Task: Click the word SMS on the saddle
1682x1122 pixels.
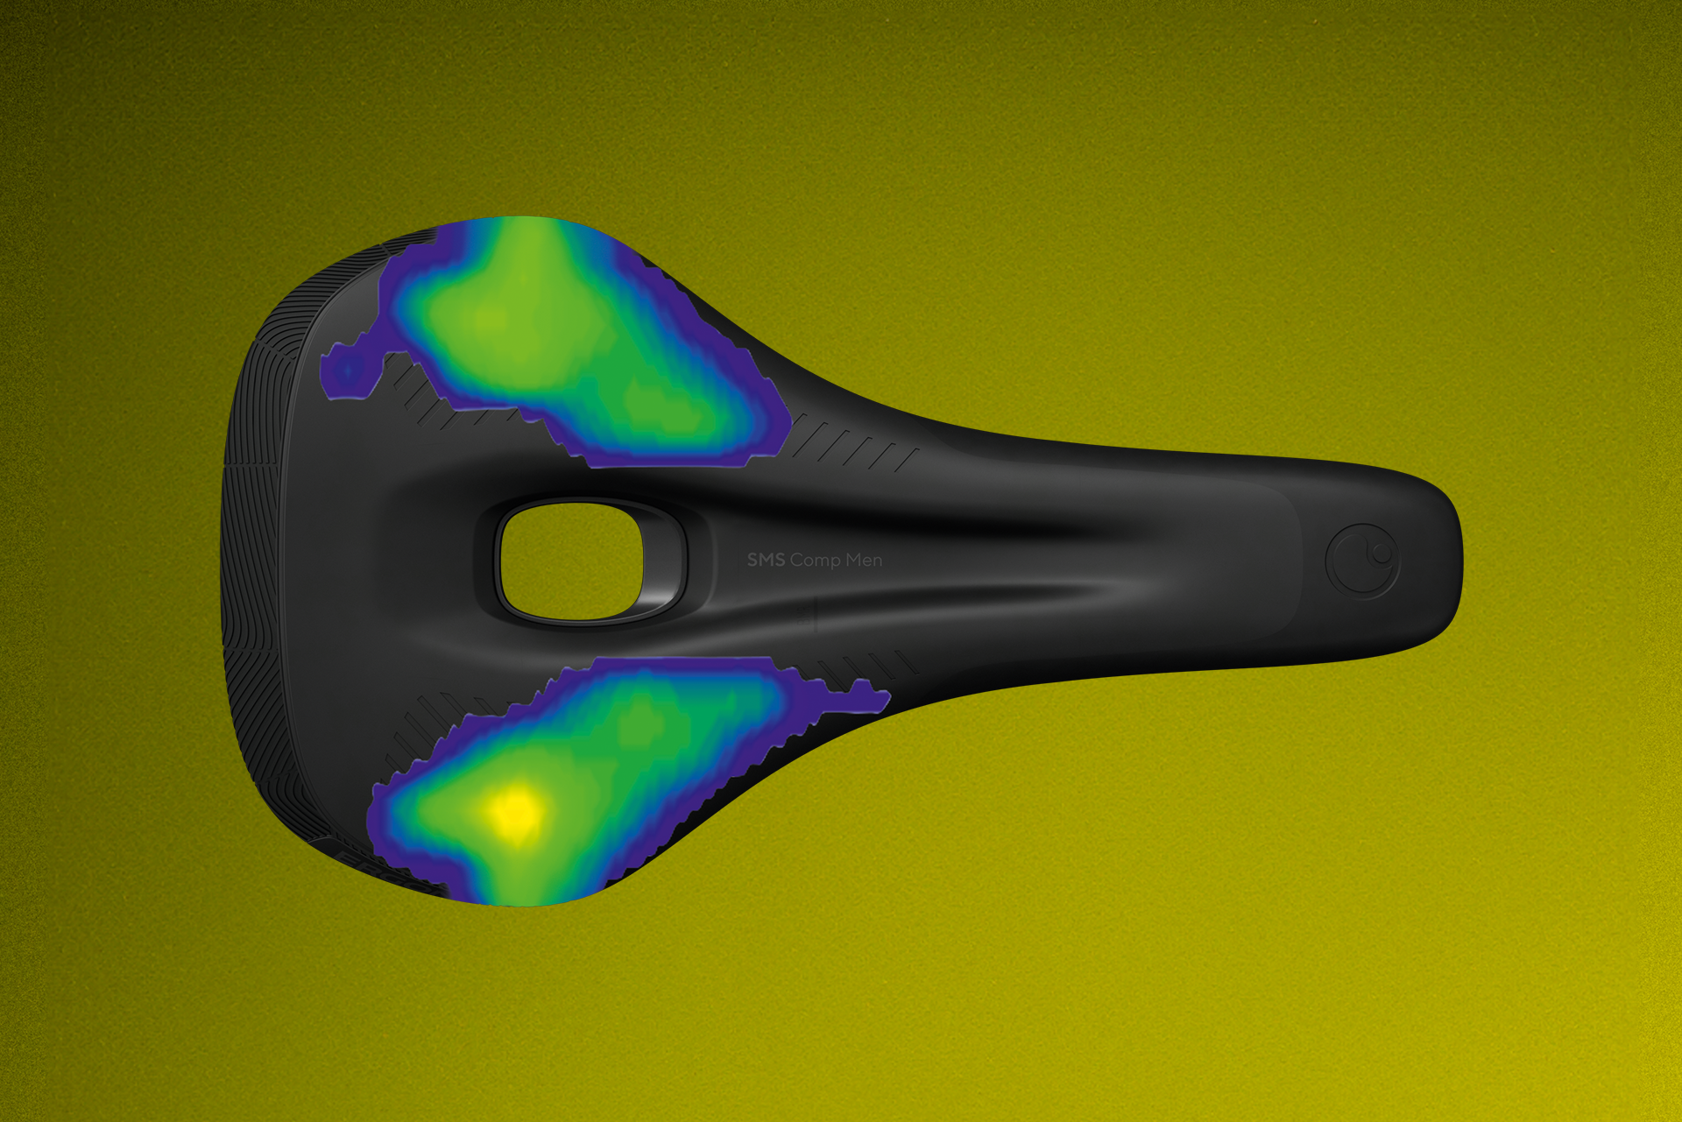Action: [766, 560]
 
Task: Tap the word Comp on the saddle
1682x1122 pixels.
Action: [815, 561]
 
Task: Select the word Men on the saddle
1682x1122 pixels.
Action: [864, 560]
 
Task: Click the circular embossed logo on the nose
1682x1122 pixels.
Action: [1362, 561]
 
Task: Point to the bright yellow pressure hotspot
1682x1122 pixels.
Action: [515, 810]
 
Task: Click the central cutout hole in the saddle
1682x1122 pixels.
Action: [570, 561]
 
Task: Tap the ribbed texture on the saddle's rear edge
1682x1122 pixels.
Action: [254, 561]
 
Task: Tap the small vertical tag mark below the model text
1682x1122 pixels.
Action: [816, 613]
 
